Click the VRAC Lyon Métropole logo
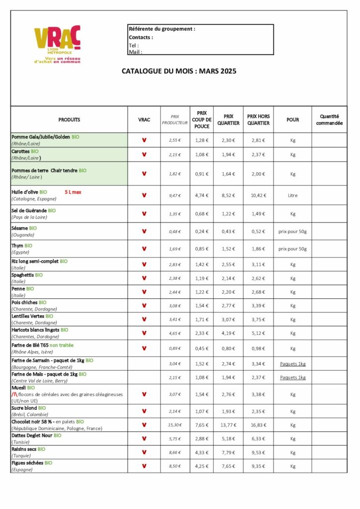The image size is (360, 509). click(57, 45)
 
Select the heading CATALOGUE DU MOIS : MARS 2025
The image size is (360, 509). click(179, 71)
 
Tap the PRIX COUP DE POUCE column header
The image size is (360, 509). click(201, 120)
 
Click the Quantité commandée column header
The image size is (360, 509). click(329, 120)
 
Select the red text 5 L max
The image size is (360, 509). click(73, 191)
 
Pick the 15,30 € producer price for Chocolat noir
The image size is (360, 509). click(175, 425)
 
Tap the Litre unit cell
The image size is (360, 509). click(292, 195)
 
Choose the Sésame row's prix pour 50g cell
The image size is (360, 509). click(292, 231)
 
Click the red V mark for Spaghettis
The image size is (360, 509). click(144, 278)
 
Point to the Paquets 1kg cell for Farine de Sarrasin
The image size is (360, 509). click(292, 364)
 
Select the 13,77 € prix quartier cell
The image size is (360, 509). click(229, 425)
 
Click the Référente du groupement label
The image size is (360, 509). click(162, 29)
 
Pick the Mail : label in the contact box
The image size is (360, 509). click(135, 52)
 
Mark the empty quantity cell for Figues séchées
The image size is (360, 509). click(329, 466)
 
